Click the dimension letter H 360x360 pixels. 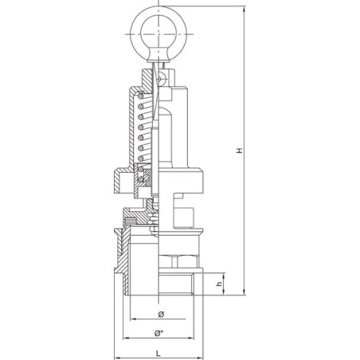240,151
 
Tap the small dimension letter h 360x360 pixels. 219,284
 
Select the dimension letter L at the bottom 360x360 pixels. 158,354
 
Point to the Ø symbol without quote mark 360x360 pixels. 161,315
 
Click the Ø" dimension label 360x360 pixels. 158,334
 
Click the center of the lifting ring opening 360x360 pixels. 158,34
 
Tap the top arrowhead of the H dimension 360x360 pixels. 245,10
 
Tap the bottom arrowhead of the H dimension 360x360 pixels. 245,292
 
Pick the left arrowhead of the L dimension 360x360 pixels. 117,358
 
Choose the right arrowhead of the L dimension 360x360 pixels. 200,358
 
